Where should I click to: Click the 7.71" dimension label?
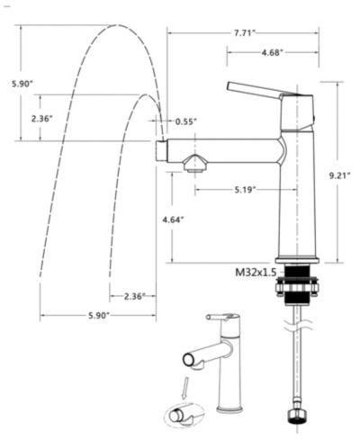pyautogui.click(x=244, y=33)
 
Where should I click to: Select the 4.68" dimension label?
pyautogui.click(x=272, y=53)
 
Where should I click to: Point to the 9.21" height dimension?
pyautogui.click(x=340, y=175)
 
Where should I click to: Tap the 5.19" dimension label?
pyautogui.click(x=245, y=190)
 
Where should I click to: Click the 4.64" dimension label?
pyautogui.click(x=173, y=220)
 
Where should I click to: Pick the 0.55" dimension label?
pyautogui.click(x=186, y=121)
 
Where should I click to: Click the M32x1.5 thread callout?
pyautogui.click(x=256, y=273)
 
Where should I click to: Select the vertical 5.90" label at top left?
pyautogui.click(x=22, y=84)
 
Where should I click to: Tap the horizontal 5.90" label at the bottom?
pyautogui.click(x=99, y=316)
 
